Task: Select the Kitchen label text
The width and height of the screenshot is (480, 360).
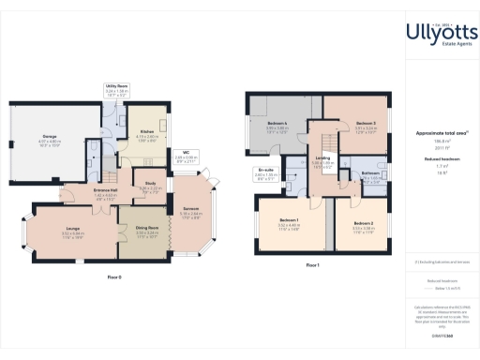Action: pyautogui.click(x=147, y=131)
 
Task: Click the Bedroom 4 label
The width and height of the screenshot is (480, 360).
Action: pyautogui.click(x=277, y=124)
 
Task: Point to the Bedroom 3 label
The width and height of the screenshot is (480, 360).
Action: pyautogui.click(x=365, y=124)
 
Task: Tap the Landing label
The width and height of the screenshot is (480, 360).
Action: pyautogui.click(x=322, y=157)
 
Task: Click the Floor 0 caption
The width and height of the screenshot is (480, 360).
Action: pyautogui.click(x=114, y=277)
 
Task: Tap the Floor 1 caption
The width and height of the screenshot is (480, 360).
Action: pyautogui.click(x=313, y=265)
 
